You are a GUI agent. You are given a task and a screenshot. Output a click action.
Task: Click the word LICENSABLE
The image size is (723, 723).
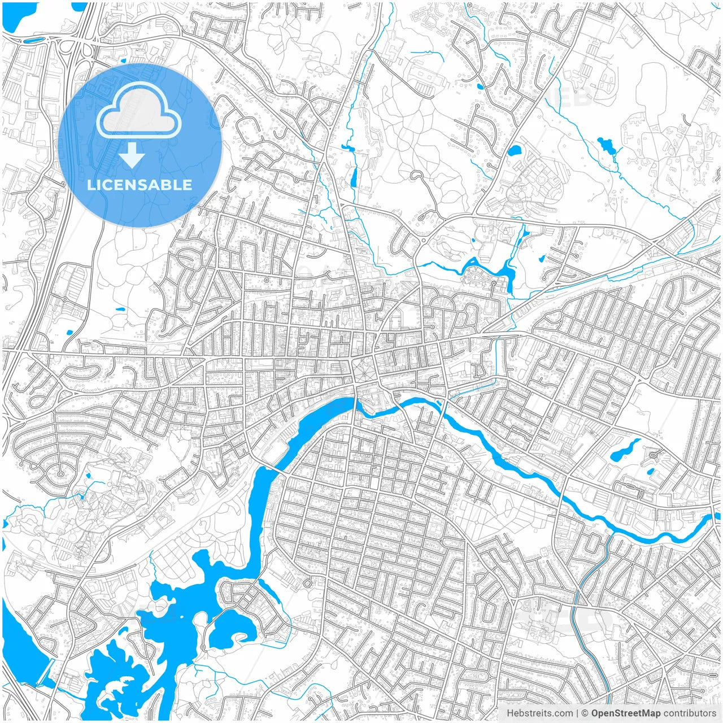point(140,185)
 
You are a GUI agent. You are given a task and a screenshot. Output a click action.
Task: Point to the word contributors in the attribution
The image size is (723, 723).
point(689,713)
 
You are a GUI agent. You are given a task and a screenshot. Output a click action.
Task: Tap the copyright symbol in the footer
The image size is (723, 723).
point(585,713)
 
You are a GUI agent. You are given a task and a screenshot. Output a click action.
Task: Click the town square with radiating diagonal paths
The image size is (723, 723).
point(360,370)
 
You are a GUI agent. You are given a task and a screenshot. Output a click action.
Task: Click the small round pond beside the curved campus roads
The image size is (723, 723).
point(514,151)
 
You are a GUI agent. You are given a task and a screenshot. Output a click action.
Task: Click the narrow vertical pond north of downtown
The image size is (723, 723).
point(354,177)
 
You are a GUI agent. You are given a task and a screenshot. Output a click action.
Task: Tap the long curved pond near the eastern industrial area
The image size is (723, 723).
point(624,450)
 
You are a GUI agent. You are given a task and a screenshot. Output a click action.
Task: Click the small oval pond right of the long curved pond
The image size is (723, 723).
point(650,471)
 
